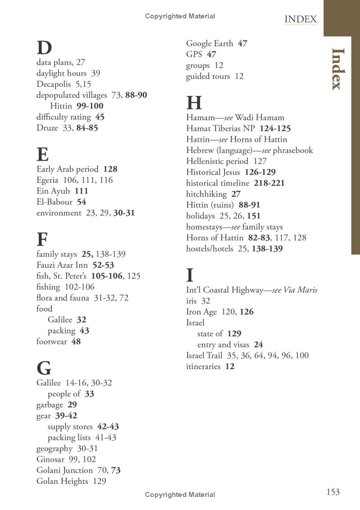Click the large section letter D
44,48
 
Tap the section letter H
194,103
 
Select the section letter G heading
44,369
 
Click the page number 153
333,492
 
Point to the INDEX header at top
301,19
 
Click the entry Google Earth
210,44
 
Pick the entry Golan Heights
62,481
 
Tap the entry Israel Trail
204,356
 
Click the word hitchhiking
207,194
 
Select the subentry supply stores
70,427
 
